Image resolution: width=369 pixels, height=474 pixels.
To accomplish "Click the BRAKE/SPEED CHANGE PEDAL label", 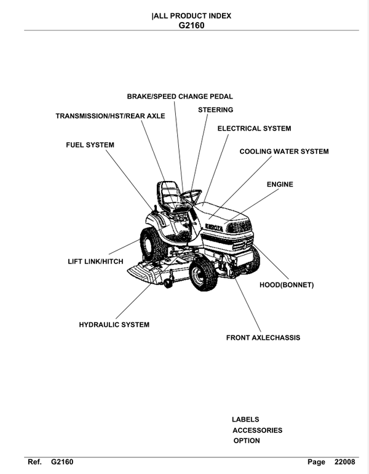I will [180, 97].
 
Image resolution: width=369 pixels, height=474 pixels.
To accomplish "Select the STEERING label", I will [215, 110].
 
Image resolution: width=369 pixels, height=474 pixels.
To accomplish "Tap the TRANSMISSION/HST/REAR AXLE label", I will [110, 116].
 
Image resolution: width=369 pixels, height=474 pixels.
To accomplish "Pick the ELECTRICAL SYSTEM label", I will [254, 129].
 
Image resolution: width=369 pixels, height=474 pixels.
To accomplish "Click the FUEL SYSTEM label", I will [90, 145].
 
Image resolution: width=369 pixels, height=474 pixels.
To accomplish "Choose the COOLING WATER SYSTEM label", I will [284, 151].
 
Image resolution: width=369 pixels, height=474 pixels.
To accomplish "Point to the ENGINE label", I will [280, 184].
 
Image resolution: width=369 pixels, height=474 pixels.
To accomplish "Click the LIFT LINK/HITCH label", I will [95, 262].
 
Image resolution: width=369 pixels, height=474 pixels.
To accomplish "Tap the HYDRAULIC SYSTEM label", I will [114, 324].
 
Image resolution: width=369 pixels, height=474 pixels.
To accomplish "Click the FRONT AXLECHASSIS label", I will [263, 338].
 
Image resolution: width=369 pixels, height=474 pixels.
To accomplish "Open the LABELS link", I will [245, 419].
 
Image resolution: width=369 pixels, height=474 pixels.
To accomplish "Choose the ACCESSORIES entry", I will [257, 430].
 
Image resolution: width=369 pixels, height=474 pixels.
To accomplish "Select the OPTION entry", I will [246, 441].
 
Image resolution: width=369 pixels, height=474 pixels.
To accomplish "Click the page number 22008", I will [345, 462].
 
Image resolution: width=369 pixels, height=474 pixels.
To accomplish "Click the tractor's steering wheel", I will [192, 196].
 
